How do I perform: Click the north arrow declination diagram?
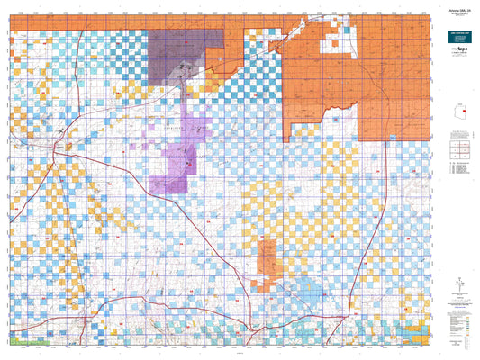pyautogui.click(x=460, y=284)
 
